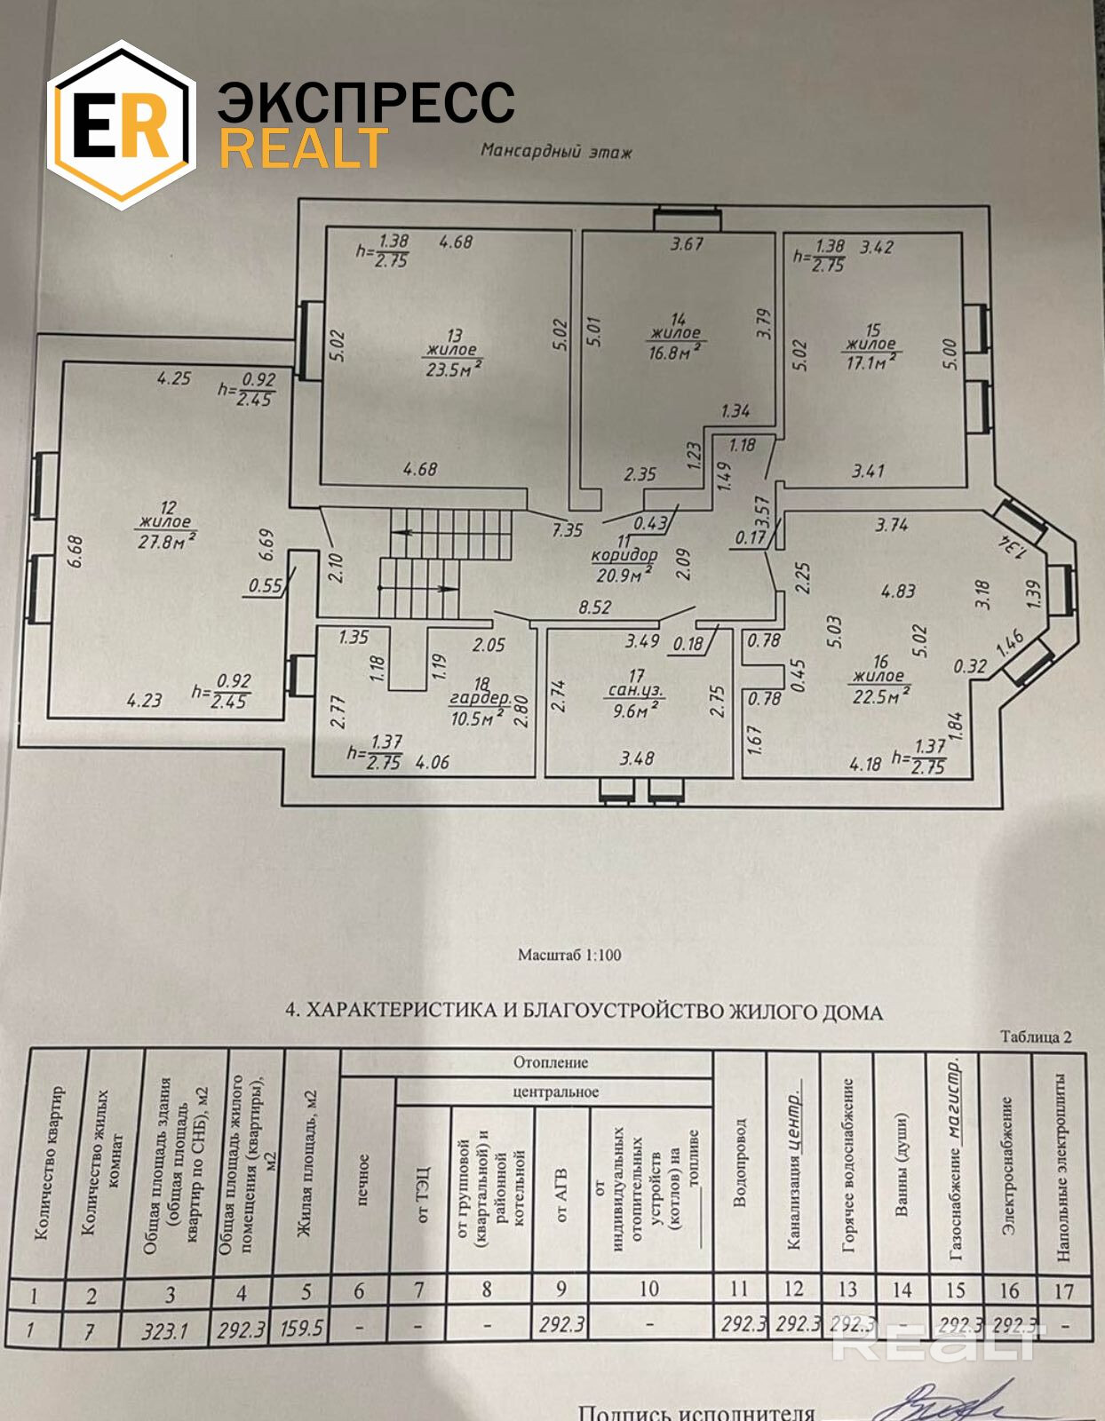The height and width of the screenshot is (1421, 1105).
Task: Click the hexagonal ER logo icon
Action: point(121,125)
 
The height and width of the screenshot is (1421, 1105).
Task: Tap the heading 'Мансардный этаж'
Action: point(556,151)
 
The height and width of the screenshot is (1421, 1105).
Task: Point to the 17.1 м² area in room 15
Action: point(870,361)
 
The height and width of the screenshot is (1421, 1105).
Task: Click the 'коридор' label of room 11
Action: point(624,556)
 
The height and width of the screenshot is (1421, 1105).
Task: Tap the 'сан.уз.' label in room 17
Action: point(635,690)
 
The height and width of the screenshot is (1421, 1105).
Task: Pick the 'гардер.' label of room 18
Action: point(480,698)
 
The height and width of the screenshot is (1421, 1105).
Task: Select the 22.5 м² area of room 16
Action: point(878,695)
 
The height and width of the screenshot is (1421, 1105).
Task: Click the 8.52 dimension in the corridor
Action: point(594,607)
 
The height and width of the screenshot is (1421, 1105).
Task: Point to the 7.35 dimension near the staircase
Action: point(567,530)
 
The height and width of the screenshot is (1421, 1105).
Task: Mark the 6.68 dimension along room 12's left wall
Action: point(75,551)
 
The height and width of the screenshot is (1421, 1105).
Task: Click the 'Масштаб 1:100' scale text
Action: point(569,956)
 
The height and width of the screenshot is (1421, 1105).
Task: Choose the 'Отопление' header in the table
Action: point(551,1062)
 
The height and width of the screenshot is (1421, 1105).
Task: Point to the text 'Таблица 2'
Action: point(1036,1036)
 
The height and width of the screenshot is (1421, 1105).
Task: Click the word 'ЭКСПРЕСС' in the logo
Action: point(366,103)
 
